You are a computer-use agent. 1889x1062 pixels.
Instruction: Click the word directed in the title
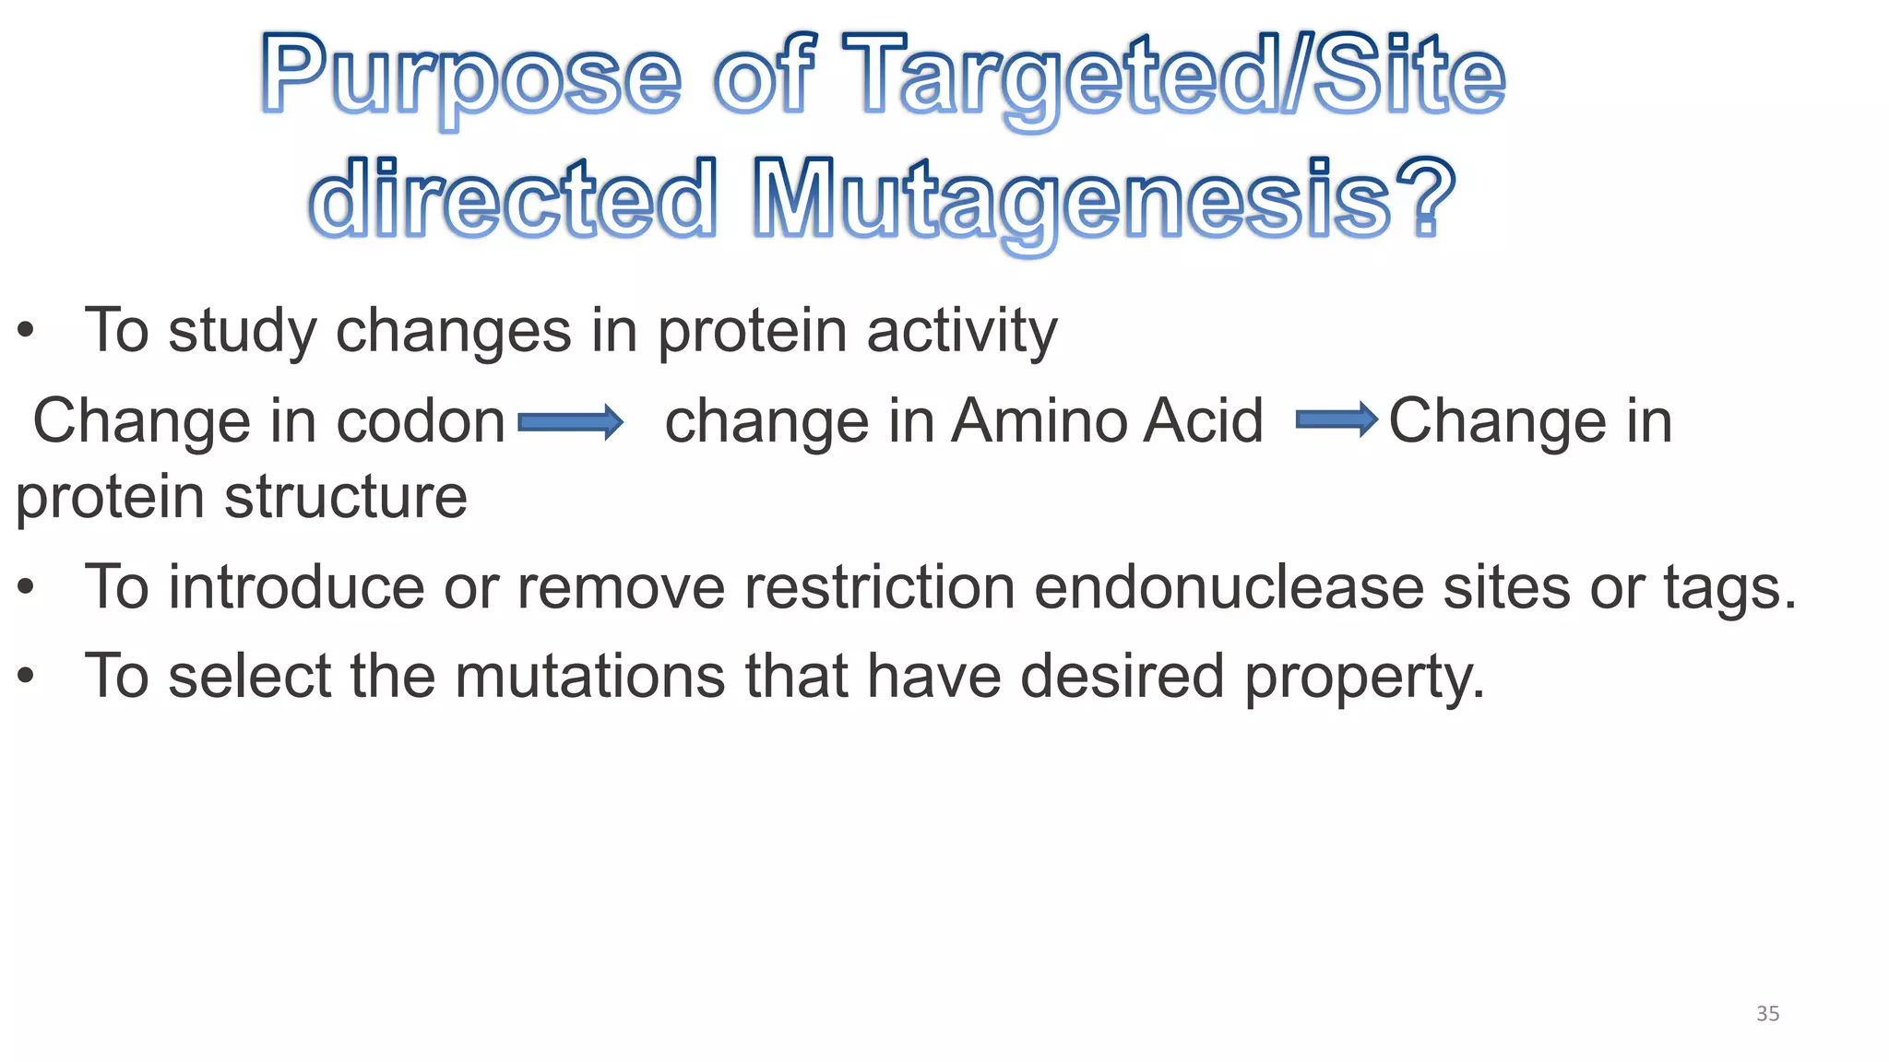[513, 197]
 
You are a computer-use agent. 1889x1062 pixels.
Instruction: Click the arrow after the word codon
[571, 423]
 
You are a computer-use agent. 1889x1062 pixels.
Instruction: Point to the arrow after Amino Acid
[1337, 420]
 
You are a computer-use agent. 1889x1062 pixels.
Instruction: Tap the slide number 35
[1767, 1014]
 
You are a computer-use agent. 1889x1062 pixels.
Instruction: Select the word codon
[421, 422]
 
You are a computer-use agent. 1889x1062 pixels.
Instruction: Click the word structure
[346, 498]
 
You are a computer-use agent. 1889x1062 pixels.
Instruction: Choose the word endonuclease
[1229, 587]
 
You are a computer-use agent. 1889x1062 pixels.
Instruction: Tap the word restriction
[880, 587]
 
